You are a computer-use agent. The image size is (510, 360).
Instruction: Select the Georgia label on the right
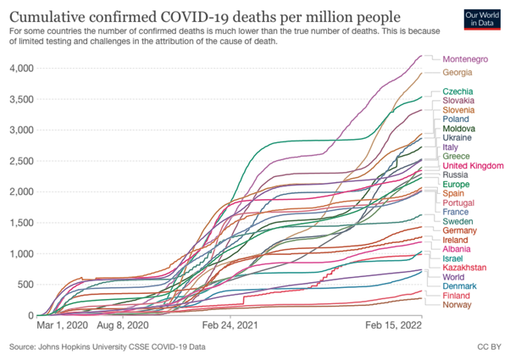459,74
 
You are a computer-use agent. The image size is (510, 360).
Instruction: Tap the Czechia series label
457,91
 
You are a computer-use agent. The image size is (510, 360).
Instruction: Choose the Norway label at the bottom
457,305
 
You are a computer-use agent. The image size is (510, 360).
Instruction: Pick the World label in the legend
454,276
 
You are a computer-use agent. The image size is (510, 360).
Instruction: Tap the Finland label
457,296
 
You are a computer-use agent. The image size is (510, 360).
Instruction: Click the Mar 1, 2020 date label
61,324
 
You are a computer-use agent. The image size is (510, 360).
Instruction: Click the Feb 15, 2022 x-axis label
393,324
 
